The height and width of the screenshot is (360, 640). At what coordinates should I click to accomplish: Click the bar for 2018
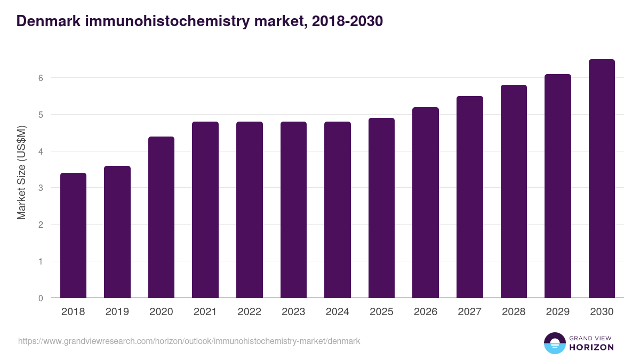tap(73, 235)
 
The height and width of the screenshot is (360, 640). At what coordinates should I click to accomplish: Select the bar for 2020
tap(161, 217)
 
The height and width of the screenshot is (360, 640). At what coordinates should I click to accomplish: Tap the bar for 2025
tap(381, 208)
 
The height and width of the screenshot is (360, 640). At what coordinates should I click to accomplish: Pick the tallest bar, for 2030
tap(602, 179)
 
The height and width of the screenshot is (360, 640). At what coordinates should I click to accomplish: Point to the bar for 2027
tap(469, 197)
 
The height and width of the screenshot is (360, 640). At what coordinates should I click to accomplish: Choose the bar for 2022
tap(249, 210)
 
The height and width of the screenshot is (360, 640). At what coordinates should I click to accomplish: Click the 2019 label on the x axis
tap(117, 312)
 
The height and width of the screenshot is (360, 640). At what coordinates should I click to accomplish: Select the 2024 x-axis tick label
tap(337, 312)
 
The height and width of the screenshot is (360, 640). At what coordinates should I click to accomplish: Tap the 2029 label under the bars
tap(557, 312)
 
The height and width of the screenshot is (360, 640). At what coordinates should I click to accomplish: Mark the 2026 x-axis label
tap(425, 312)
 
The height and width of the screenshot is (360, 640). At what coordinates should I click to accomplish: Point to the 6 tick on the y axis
tap(40, 78)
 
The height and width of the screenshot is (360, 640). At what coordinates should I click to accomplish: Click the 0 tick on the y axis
tap(40, 298)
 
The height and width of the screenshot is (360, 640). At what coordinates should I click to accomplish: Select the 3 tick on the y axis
tap(40, 188)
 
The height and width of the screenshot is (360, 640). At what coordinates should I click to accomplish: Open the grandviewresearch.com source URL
tap(189, 341)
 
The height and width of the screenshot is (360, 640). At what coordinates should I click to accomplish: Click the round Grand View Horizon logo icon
tap(554, 343)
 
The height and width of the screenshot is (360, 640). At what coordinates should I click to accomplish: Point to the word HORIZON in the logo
tap(591, 347)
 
